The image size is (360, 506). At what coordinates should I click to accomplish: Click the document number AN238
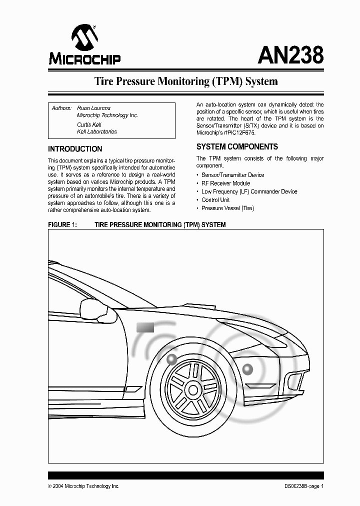coord(290,54)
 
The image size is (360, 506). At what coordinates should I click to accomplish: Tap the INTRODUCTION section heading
coord(75,149)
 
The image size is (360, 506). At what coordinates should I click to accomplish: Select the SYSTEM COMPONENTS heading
coord(237,147)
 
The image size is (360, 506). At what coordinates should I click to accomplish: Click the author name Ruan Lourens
coord(94,108)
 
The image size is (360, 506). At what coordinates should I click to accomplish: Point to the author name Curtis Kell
coord(89,124)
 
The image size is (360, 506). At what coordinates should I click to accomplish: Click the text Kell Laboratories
coord(97,132)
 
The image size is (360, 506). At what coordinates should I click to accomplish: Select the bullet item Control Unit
coord(215,200)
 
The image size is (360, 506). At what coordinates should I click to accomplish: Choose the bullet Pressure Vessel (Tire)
coord(227,208)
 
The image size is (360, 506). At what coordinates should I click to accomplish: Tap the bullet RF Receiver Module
coord(225,183)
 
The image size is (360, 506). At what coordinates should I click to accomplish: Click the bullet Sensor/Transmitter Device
coord(232,175)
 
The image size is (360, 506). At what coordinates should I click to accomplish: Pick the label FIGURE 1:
coord(62,225)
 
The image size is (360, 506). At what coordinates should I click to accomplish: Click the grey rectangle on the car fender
coord(145,327)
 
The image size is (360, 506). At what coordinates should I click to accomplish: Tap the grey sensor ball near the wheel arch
coord(172,358)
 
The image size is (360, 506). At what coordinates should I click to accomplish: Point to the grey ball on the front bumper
coord(247,370)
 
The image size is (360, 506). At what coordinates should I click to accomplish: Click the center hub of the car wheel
coord(192,389)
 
